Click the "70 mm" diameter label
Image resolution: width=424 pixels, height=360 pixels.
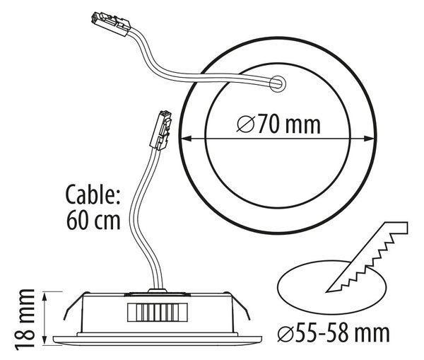click(289, 124)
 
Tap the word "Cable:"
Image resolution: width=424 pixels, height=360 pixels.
click(93, 194)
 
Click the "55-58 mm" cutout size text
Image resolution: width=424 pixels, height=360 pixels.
click(342, 333)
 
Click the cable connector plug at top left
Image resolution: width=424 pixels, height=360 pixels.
click(110, 24)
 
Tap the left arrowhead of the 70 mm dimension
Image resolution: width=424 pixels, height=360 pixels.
click(187, 139)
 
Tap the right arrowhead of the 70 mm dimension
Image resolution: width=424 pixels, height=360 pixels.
click(369, 139)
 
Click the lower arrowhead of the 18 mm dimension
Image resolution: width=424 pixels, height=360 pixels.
click(45, 339)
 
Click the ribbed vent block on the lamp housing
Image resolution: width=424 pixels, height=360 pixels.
click(158, 313)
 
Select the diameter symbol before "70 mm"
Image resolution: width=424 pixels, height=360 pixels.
click(246, 124)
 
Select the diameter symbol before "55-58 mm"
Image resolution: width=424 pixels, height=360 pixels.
click(285, 334)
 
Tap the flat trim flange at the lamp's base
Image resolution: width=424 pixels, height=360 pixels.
click(158, 341)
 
